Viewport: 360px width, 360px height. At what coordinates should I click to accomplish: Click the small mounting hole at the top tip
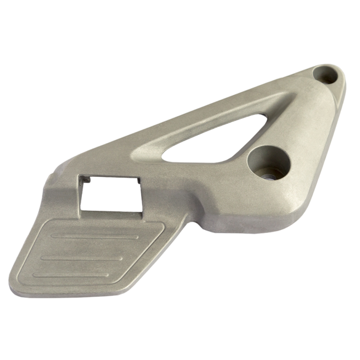tap(326, 75)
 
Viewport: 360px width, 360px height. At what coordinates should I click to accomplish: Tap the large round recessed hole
tap(269, 161)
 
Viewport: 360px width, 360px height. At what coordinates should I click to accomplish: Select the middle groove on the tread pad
tap(83, 257)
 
